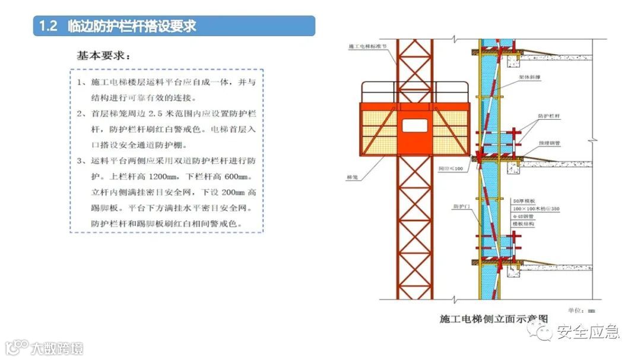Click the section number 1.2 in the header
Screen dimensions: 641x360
(47, 26)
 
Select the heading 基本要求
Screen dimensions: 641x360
(103, 56)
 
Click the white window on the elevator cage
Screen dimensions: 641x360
(414, 125)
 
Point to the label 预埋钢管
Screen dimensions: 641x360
(550, 142)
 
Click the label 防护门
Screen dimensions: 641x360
(461, 206)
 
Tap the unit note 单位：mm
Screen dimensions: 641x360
(581, 310)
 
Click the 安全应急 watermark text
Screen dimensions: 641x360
(588, 332)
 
